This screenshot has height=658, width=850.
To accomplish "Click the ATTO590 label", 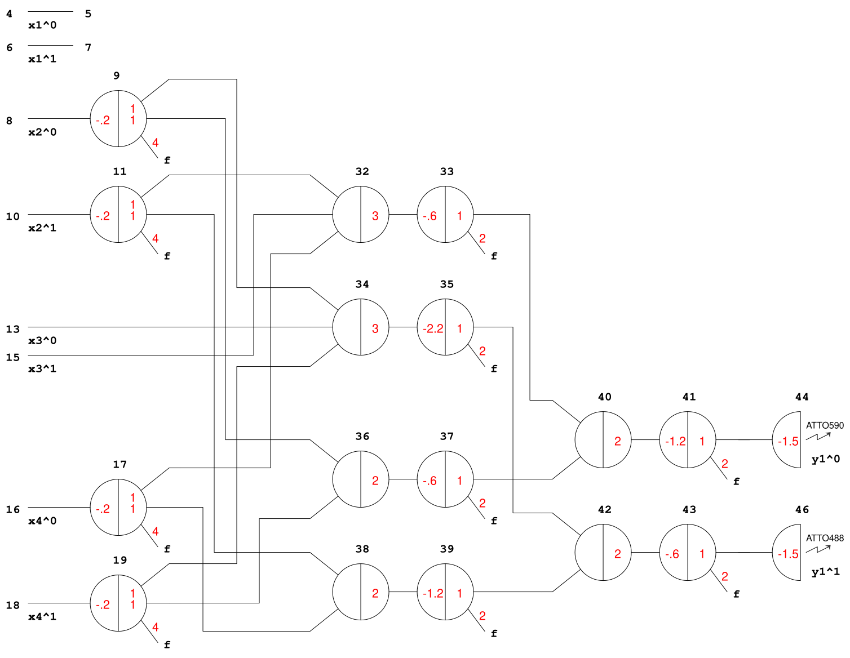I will tap(825, 425).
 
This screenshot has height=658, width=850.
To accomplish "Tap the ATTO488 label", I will tap(825, 538).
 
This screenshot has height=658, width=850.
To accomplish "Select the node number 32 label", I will tap(362, 171).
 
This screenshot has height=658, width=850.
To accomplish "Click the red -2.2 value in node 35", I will tap(433, 328).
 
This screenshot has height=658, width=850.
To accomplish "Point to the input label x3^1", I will tap(42, 368).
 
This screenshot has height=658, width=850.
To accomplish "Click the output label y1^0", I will tap(825, 459).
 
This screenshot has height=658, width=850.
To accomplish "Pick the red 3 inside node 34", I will tap(375, 328).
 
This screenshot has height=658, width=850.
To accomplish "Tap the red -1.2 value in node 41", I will tap(675, 441).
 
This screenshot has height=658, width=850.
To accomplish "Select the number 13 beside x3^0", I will tap(12, 329).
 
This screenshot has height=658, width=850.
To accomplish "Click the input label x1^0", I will tap(42, 25).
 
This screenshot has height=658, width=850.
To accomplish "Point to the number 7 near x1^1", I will tap(88, 47).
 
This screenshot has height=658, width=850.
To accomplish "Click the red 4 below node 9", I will tap(155, 143).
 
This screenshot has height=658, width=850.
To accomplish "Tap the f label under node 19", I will tap(167, 644).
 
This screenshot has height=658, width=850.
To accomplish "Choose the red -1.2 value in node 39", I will tap(433, 593).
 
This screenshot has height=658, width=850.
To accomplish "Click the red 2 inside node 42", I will tap(617, 554).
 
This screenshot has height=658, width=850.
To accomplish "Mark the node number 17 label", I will tap(119, 464).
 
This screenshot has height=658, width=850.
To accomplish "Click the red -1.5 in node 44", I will tap(788, 441).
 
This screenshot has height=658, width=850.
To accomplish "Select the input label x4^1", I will tap(42, 616).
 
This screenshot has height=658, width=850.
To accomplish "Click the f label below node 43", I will tap(736, 594).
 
